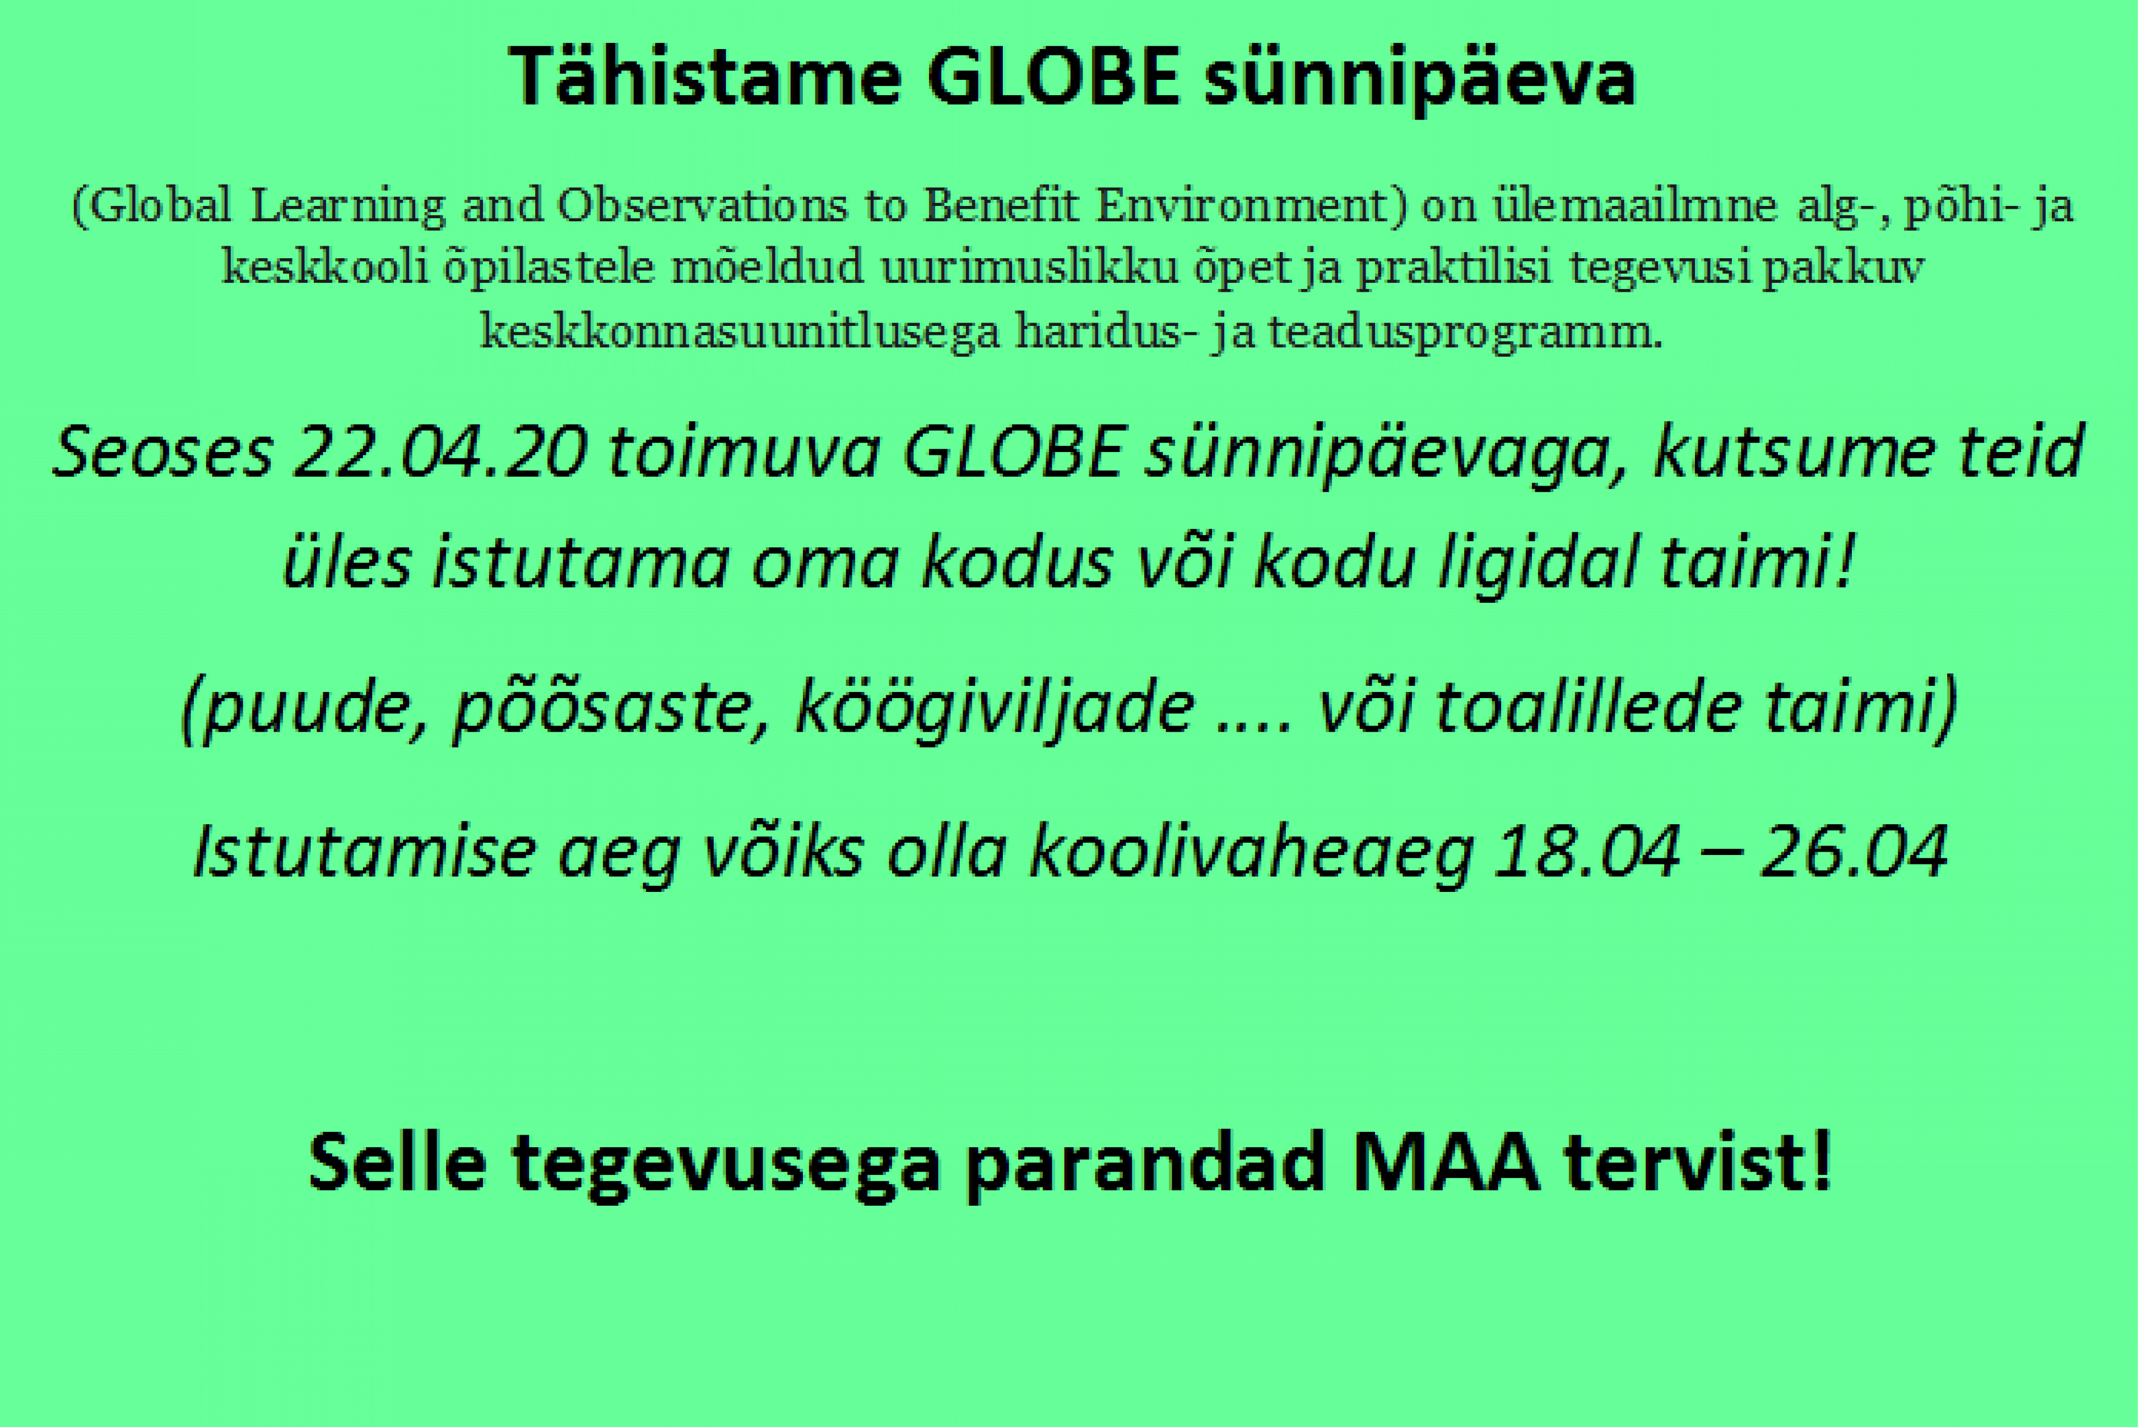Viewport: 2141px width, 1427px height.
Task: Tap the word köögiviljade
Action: click(x=995, y=707)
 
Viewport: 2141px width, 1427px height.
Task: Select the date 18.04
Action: click(x=1586, y=852)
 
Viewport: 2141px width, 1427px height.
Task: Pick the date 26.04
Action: click(x=1854, y=852)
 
